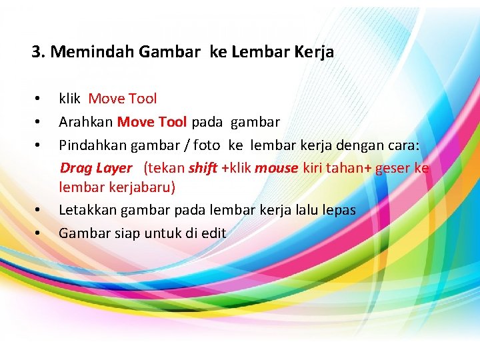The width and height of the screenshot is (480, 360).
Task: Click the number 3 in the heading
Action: [36, 52]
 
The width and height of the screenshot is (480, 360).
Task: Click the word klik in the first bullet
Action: [69, 99]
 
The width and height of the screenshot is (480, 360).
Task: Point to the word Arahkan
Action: [85, 122]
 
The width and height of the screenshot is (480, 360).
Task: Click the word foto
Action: [205, 145]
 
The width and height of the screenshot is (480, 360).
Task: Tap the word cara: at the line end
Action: [400, 145]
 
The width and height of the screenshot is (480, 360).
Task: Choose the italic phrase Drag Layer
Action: [96, 167]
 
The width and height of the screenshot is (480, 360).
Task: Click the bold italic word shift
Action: [203, 167]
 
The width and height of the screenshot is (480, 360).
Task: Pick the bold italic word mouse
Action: [276, 167]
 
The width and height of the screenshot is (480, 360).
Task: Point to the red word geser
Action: [393, 167]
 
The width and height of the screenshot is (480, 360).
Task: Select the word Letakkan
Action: [86, 210]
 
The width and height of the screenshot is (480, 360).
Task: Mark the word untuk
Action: [153, 233]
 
